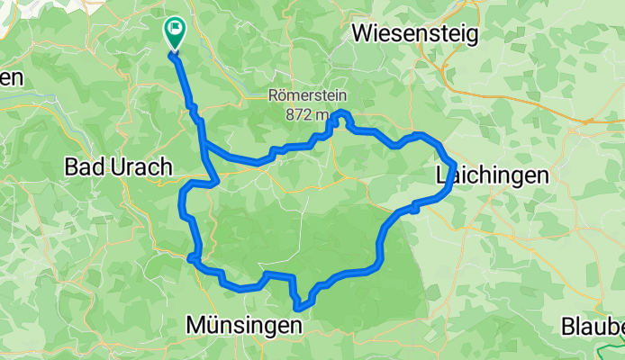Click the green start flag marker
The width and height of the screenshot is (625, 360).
point(174,33)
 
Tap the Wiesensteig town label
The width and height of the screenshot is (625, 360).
point(415,34)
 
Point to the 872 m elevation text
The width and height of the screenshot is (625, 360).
point(307,114)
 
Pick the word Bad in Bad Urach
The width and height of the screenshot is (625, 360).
point(81,167)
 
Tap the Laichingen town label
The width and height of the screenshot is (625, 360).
point(492,175)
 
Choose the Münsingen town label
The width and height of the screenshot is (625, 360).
point(243,325)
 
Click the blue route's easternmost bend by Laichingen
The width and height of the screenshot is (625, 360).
point(454,166)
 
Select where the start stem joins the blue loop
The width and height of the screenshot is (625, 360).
point(204,142)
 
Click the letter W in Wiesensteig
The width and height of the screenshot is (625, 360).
point(363,34)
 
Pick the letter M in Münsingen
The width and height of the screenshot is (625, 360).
point(194,325)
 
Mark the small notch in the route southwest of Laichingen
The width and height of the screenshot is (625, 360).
point(414,208)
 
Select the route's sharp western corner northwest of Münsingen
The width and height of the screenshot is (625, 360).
point(192,259)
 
